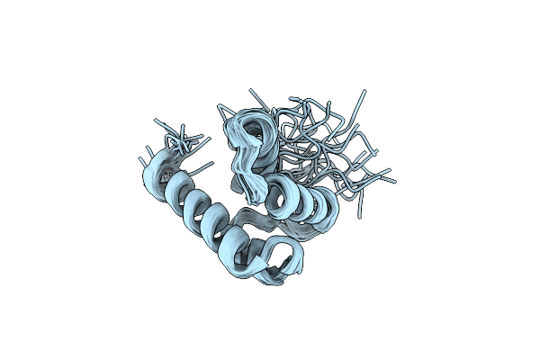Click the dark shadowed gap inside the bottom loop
286,263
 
